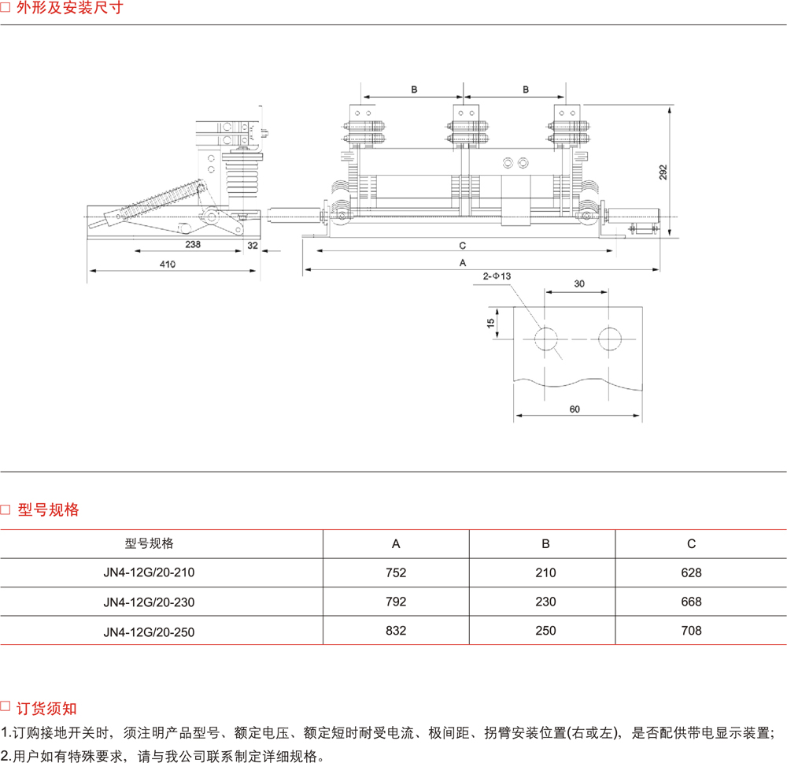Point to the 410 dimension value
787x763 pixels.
[x=168, y=265]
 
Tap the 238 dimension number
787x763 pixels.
[x=193, y=245]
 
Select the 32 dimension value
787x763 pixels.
[x=253, y=245]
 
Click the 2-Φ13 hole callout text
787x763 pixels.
[x=497, y=276]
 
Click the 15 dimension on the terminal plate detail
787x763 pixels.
[x=490, y=323]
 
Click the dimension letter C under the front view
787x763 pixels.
[x=463, y=244]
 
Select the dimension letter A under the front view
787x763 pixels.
[x=463, y=262]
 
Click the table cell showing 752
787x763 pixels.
[x=397, y=573]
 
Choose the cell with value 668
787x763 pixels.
[x=691, y=602]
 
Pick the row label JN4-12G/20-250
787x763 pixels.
[x=149, y=632]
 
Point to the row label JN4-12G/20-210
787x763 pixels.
[x=149, y=573]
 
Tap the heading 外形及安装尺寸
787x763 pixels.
[x=69, y=10]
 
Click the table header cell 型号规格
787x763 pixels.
[x=149, y=544]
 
